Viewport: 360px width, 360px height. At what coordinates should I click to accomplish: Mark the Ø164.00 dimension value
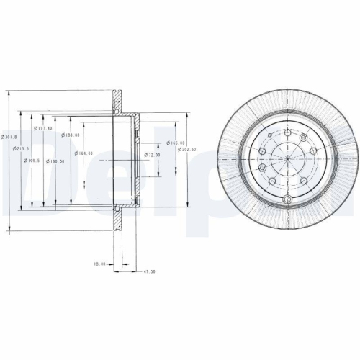point(84,153)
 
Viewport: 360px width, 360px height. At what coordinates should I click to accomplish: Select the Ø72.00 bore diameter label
point(152,155)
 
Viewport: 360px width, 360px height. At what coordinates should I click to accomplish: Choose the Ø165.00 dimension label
point(177,143)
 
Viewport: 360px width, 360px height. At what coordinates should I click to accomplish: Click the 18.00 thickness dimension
point(99,264)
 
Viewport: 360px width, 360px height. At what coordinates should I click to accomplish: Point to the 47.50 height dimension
point(150,272)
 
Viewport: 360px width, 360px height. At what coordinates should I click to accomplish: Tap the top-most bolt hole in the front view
point(287,132)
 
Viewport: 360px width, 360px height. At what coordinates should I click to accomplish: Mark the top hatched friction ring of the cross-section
point(116,102)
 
